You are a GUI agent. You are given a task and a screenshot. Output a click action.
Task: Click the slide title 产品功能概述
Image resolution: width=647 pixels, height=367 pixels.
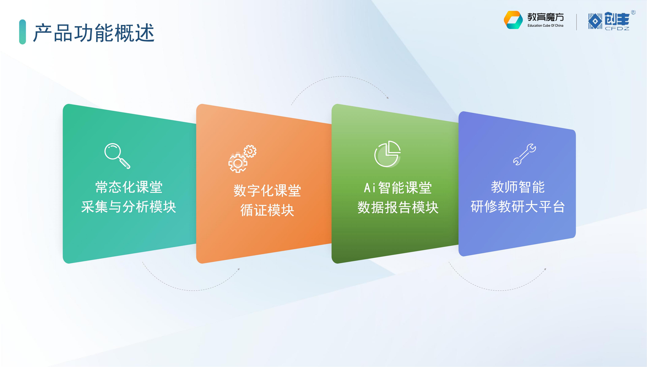94,33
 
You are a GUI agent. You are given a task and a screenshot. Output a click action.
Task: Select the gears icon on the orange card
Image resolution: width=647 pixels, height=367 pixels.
242,159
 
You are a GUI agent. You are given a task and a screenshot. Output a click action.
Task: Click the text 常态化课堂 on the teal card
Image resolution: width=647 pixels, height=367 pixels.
129,187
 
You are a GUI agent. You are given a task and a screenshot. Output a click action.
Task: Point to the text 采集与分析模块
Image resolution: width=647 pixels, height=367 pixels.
128,207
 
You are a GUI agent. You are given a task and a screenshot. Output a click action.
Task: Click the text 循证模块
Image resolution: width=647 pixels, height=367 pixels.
267,210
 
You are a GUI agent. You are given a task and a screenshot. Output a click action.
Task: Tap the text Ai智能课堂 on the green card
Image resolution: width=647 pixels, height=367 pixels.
398,188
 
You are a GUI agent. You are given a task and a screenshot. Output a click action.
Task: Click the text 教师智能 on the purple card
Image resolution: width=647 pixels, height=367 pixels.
518,187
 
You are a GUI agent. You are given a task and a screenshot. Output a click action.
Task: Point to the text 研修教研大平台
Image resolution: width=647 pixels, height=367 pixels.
518,207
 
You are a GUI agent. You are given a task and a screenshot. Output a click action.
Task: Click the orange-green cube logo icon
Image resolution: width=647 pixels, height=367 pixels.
513,20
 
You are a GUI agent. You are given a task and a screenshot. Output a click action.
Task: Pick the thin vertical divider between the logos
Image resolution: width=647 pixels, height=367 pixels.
576,22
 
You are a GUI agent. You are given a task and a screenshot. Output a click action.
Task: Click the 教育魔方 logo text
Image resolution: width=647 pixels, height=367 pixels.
546,17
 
